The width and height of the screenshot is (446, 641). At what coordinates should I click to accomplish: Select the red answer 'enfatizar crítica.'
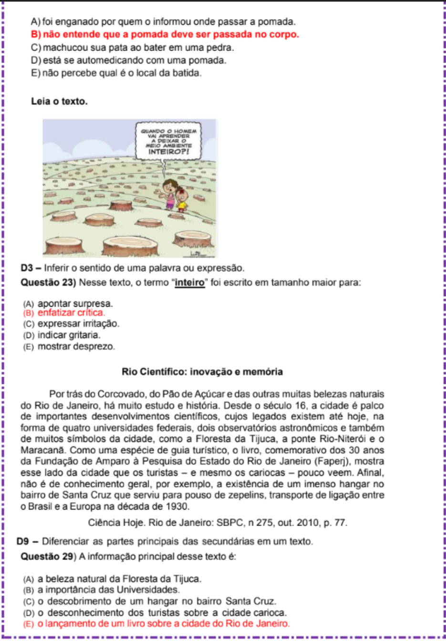point(71,313)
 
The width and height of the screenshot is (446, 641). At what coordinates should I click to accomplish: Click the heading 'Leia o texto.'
point(59,102)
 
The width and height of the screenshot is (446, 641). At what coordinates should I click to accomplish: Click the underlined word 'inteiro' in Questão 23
point(190,282)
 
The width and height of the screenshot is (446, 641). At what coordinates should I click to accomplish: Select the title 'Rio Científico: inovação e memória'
point(202,372)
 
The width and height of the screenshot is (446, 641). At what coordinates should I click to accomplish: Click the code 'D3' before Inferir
point(27,268)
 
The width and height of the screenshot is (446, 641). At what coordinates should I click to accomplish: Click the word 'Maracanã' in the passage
point(40,450)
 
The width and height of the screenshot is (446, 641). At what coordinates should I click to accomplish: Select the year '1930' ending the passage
point(178,507)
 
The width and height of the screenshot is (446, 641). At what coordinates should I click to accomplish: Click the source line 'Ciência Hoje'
point(218,522)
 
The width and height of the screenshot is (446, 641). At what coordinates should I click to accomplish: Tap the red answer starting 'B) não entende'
point(165,34)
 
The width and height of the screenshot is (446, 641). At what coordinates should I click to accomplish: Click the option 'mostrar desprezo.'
point(76,346)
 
